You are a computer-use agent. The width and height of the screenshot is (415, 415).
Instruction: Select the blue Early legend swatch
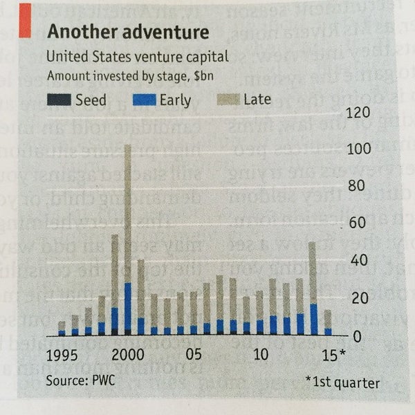pos(143,100)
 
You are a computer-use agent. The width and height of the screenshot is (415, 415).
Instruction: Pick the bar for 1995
pos(62,328)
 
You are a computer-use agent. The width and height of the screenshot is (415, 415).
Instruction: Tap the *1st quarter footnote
pos(342,382)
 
